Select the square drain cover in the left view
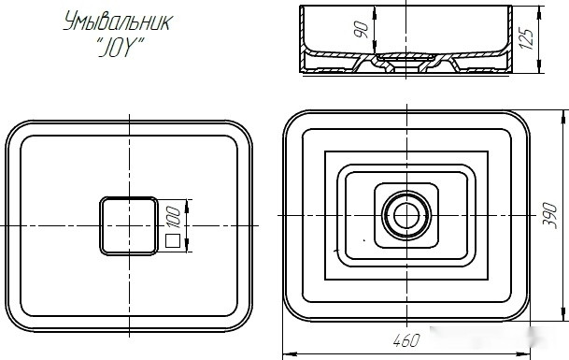(x=128, y=225)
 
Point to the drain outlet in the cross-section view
(x=406, y=65)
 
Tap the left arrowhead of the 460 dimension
(x=287, y=353)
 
